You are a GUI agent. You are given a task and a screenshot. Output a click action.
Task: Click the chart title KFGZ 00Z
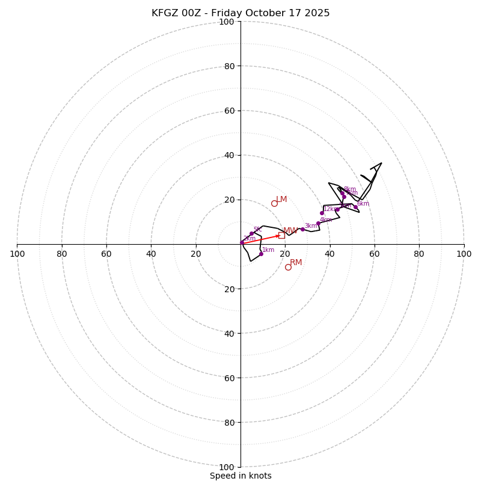(240, 13)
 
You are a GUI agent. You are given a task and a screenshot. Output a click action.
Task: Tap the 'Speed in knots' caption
(240, 476)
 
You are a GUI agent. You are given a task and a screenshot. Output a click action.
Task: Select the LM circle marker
(274, 203)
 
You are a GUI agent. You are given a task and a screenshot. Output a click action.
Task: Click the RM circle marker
(288, 267)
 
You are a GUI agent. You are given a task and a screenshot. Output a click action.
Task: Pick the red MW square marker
(281, 235)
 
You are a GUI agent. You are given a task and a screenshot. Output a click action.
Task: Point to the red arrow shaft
(260, 239)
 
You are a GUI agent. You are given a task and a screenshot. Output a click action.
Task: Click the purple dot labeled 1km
(261, 254)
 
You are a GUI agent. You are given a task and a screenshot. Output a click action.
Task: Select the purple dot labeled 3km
(302, 229)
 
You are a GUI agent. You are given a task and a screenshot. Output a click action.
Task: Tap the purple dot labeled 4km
(318, 224)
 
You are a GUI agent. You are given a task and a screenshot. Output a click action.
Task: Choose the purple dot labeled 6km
(355, 207)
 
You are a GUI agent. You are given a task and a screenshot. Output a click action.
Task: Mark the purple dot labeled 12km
(322, 213)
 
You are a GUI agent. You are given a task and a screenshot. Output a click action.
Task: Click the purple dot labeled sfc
(251, 233)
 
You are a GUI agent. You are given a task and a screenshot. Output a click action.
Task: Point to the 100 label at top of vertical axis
(227, 22)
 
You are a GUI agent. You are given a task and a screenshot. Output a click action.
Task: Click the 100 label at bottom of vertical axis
(227, 467)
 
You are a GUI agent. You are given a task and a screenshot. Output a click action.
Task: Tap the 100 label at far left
(17, 254)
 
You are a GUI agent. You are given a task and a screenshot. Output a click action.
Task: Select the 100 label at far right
(464, 254)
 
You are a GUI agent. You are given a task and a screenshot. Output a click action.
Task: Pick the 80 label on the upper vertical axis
(229, 66)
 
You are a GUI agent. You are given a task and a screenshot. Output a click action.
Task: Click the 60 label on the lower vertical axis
(229, 378)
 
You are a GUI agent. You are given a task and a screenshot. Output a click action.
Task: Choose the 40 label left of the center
(152, 254)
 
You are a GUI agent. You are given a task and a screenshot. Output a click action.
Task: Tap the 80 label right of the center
(419, 254)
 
